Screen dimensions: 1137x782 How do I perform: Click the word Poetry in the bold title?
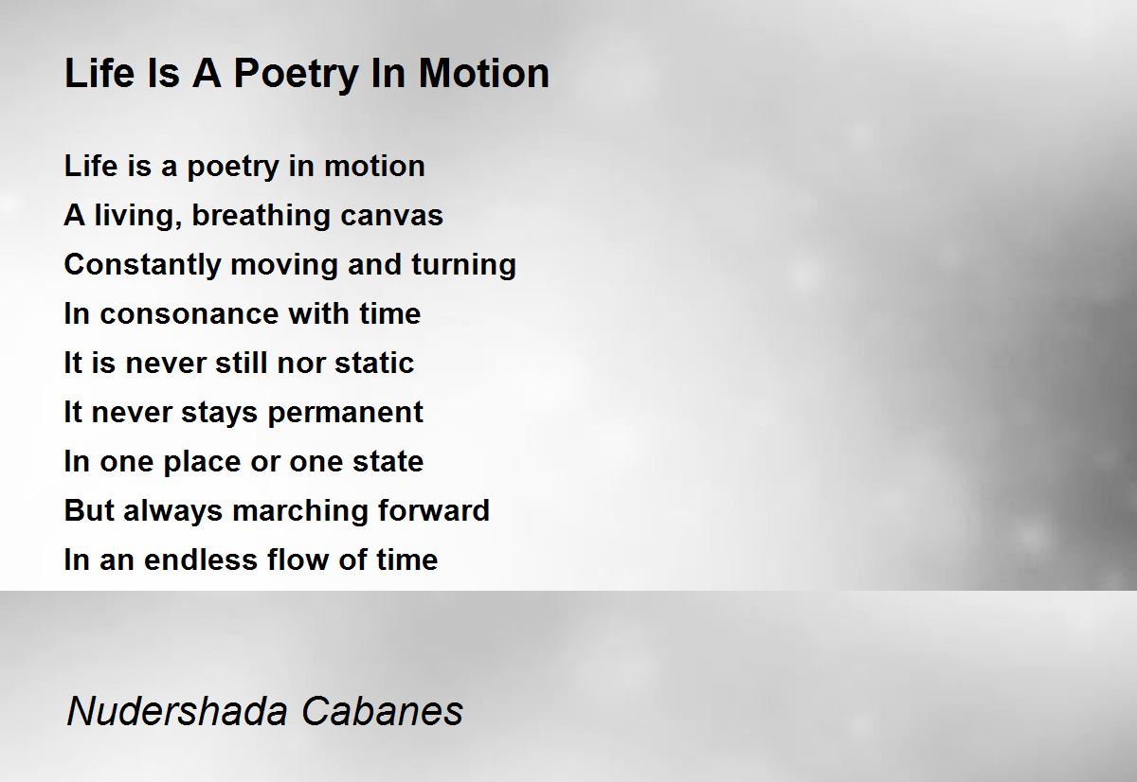click(x=296, y=75)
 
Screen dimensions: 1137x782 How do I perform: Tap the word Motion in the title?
click(x=484, y=73)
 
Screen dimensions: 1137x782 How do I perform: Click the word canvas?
click(x=391, y=217)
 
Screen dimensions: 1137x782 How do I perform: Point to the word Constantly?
click(x=143, y=266)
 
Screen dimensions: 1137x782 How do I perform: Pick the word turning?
click(x=464, y=266)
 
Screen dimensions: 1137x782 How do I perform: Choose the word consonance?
click(x=189, y=314)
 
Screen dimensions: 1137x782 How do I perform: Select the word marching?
click(x=300, y=511)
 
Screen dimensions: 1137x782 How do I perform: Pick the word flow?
click(x=298, y=560)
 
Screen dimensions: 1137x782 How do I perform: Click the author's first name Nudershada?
click(x=177, y=710)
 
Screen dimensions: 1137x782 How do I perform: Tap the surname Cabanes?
click(x=382, y=710)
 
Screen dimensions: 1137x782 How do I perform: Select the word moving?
click(x=284, y=266)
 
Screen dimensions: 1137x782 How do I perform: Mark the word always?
click(x=173, y=511)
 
